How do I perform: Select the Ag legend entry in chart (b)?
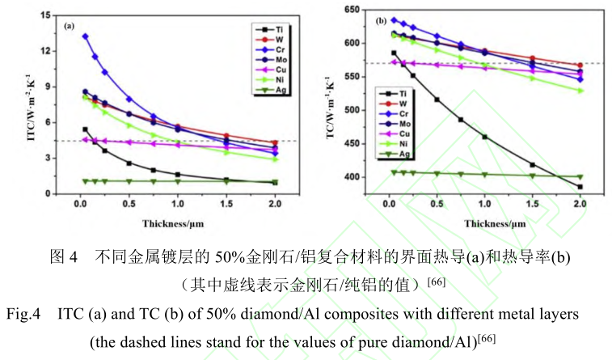click(x=394, y=154)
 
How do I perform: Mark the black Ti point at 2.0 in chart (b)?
click(x=580, y=187)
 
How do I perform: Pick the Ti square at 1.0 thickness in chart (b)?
click(x=485, y=137)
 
